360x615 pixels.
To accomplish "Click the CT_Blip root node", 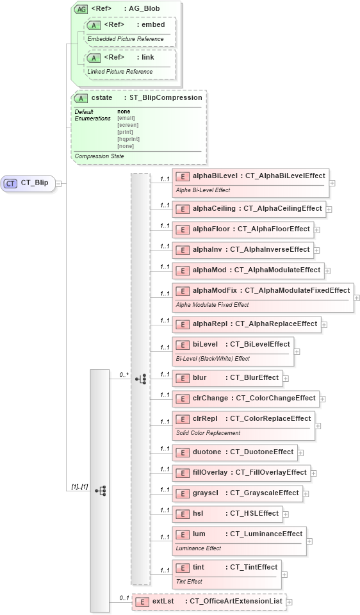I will point(29,183).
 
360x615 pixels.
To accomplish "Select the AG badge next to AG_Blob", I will point(81,10).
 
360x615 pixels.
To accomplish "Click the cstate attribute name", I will point(102,98).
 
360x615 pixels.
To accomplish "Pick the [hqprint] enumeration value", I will point(128,139).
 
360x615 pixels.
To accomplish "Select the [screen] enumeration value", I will point(128,125).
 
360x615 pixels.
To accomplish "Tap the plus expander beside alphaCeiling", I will point(329,209).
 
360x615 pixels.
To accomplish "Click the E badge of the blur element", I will point(183,378).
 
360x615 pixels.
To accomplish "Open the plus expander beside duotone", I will point(300,453).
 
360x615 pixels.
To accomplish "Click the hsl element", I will point(227,514).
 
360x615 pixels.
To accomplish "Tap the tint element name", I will point(199,568).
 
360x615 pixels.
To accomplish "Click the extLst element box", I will point(208,602).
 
